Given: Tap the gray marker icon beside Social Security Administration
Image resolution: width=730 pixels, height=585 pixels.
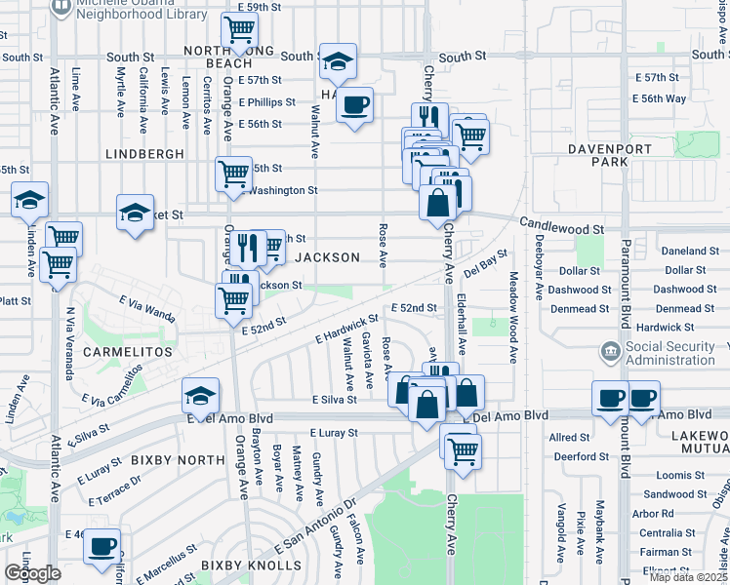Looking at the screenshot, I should (610, 350).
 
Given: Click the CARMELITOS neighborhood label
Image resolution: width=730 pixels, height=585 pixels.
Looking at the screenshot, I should (128, 351).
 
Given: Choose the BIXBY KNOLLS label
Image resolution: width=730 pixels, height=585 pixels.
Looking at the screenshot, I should (240, 565).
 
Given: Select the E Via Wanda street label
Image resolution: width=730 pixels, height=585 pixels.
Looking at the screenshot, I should (147, 309).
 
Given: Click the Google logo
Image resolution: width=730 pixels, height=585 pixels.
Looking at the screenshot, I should (32, 573).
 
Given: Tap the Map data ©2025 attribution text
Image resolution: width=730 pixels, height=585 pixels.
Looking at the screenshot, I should (688, 577).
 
